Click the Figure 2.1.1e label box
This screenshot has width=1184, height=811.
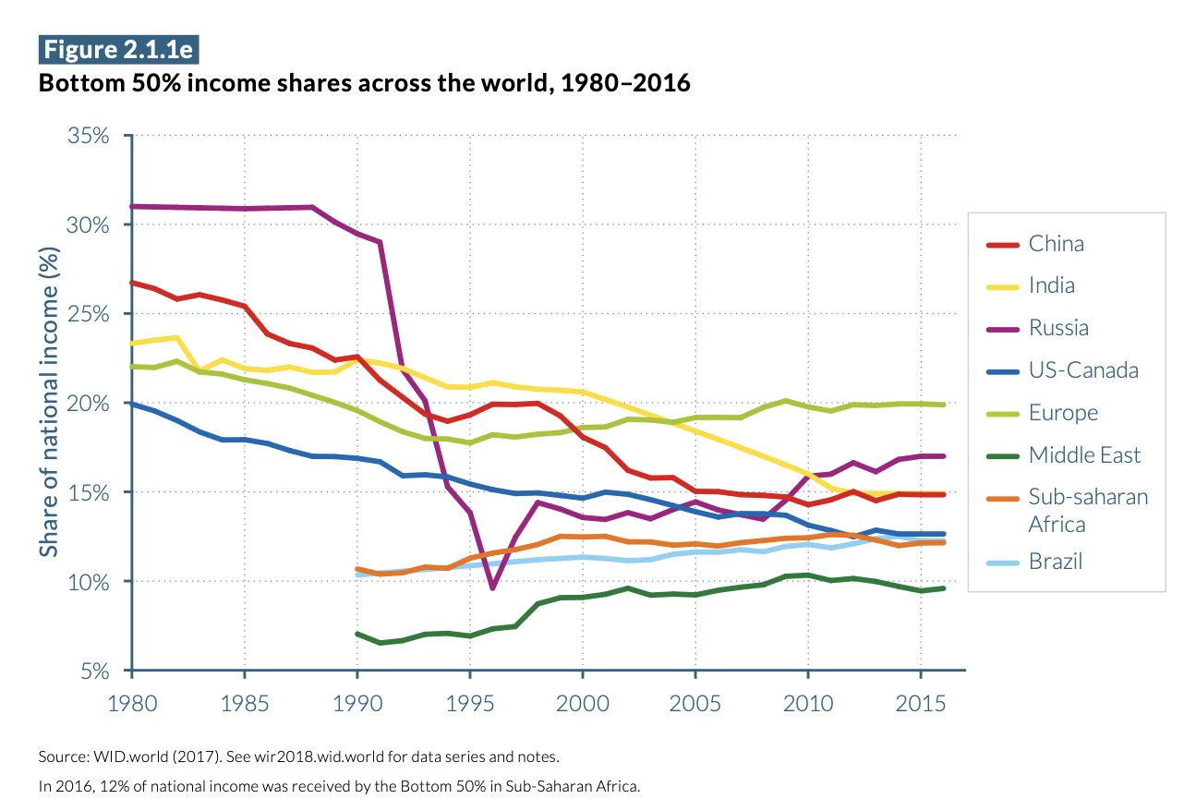click(x=118, y=49)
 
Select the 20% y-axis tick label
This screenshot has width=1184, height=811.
click(x=89, y=404)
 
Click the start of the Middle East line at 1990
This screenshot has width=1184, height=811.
click(x=357, y=634)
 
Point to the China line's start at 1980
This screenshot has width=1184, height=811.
click(x=132, y=283)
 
